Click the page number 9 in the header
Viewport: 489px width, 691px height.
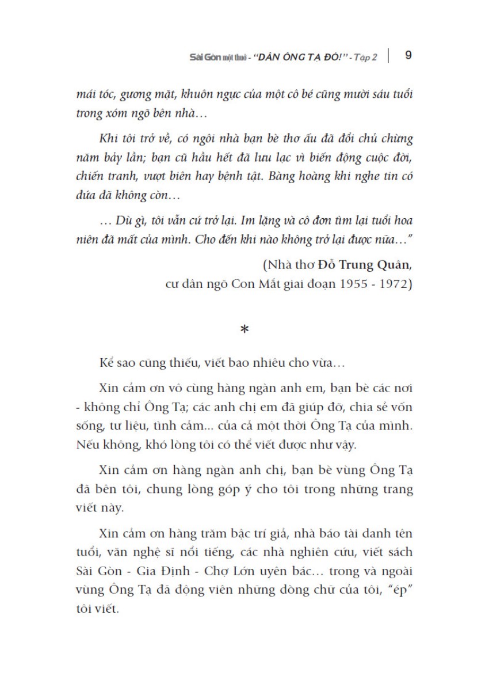[x=408, y=55]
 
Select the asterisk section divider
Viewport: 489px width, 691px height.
[x=244, y=331]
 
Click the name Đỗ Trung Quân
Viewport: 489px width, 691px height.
[x=366, y=266]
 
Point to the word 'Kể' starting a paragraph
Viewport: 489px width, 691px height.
[x=104, y=364]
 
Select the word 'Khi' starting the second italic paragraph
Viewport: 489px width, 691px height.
[x=108, y=140]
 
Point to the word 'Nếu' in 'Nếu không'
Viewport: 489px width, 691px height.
[x=86, y=427]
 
